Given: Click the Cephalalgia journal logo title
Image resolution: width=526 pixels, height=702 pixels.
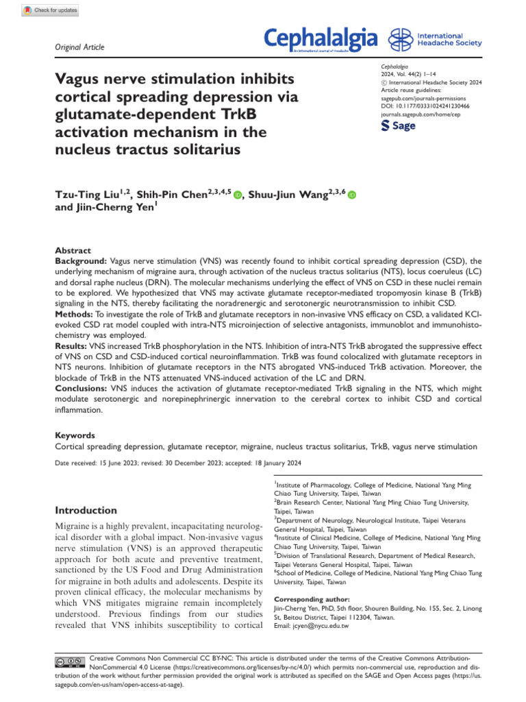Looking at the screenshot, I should click(x=321, y=40).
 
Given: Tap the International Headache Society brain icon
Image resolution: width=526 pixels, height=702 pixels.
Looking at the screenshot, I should click(x=401, y=40).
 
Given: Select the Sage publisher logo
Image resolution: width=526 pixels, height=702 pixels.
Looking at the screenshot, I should click(x=397, y=125).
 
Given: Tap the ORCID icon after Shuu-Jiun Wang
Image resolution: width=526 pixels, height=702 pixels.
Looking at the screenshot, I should click(x=352, y=197).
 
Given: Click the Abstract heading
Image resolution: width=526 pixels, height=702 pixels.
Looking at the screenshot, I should click(x=72, y=251).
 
